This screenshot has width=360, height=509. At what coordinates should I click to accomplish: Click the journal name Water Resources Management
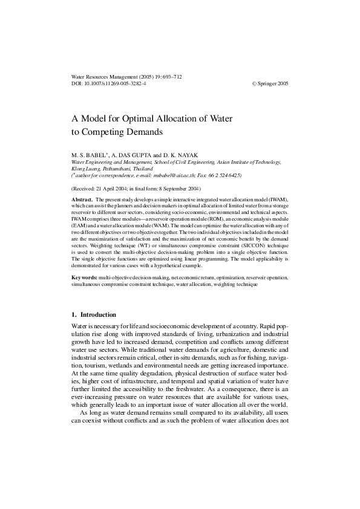99,77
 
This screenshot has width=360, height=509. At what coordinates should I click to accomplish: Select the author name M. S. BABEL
89,155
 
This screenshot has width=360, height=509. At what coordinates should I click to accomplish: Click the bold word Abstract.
82,199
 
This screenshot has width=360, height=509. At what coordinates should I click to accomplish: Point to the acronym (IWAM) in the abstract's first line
280,199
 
